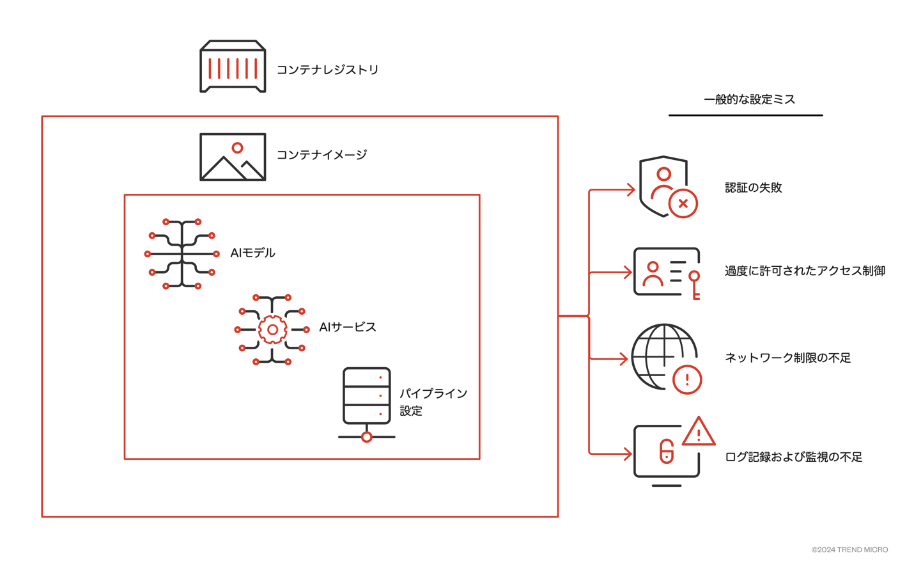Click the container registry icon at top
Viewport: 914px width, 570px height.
233,67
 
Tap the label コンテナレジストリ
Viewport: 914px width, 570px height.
327,69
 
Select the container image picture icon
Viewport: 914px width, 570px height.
233,157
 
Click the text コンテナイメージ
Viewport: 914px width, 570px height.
321,155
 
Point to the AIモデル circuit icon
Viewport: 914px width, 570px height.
182,254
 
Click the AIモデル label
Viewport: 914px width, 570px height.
252,253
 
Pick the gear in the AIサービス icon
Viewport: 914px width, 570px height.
272,329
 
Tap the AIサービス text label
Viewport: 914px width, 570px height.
347,328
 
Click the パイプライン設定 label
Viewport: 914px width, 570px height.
433,402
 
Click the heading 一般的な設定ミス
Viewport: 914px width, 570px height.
749,100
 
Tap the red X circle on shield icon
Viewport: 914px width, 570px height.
683,204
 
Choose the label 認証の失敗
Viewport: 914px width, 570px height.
753,188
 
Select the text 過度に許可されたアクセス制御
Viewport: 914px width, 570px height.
805,271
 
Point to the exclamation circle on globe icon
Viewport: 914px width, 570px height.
687,379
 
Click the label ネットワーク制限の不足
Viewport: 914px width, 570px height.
787,358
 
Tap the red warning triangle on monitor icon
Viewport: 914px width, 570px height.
699,432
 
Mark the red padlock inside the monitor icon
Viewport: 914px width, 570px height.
667,452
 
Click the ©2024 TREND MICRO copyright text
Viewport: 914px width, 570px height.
849,550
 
